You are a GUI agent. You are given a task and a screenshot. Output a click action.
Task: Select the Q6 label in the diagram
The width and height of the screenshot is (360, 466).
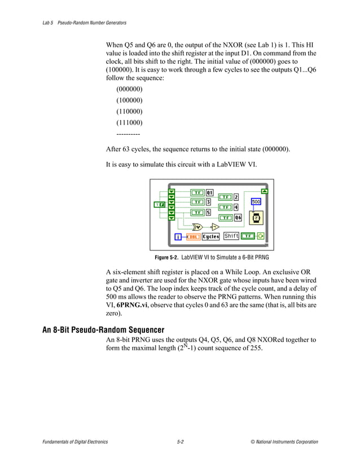point(238,217)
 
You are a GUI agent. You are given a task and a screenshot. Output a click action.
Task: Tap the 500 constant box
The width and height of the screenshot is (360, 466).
point(256,201)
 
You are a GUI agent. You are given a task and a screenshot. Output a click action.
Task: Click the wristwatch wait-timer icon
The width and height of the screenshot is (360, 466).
point(256,218)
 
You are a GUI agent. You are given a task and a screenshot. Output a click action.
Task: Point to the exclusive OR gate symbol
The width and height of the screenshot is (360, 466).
point(197,227)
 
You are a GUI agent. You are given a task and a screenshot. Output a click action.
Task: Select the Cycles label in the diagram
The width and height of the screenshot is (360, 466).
point(210,237)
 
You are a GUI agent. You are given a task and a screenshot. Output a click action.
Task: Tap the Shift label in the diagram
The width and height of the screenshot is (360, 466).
point(231,236)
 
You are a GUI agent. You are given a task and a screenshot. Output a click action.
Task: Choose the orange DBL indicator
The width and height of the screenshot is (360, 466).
point(192,237)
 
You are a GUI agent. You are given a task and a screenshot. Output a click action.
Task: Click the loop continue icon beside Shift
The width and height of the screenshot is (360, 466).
point(260,236)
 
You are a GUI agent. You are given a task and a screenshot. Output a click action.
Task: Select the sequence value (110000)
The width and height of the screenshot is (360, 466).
point(129,111)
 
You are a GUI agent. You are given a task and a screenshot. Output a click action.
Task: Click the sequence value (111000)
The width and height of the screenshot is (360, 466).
point(129,122)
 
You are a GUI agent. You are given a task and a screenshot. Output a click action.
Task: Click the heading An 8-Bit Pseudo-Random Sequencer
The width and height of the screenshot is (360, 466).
point(103,330)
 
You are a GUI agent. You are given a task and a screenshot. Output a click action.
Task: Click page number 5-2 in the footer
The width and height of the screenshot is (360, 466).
point(179,442)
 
